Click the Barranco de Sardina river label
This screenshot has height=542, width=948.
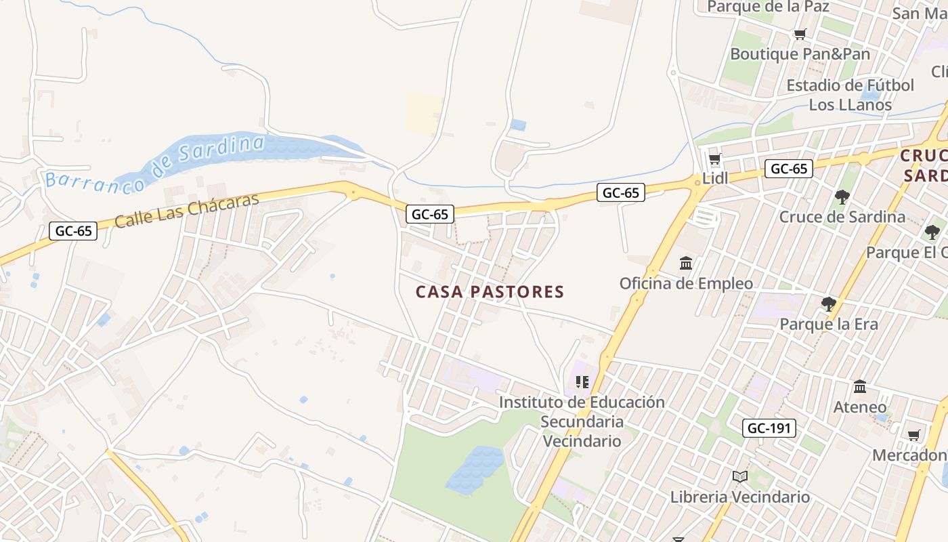154,162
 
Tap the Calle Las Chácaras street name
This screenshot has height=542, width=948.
187,211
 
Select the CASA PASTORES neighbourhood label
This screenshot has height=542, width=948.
490,292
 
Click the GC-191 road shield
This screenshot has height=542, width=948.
769,428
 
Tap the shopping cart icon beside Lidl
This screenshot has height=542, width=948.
714,160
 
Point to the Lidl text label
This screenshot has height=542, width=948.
715,178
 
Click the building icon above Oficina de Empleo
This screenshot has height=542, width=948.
686,263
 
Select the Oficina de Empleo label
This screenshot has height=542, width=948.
686,283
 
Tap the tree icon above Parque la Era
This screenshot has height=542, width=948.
828,304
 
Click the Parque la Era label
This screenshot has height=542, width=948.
828,324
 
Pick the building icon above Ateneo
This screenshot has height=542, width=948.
860,387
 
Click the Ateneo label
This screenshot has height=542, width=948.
860,407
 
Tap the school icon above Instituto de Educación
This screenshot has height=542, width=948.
582,382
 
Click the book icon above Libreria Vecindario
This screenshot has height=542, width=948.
740,477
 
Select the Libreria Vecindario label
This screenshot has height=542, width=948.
740,497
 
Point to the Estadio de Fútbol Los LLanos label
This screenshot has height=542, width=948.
850,95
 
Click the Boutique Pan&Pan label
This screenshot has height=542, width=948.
800,54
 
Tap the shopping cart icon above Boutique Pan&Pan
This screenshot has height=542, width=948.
800,35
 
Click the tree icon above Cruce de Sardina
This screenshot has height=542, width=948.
842,197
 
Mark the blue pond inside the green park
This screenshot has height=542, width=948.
475,469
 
